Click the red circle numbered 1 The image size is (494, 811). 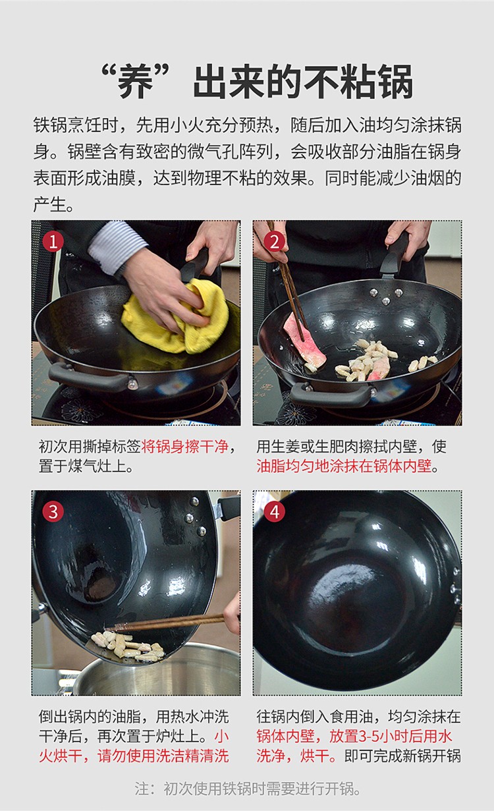53,242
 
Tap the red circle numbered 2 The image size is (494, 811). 275,242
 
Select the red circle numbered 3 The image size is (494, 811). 53,512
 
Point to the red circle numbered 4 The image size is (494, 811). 275,512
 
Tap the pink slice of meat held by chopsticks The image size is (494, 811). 304,341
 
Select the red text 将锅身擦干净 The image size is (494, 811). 184,447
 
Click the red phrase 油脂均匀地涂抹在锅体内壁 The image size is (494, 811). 344,466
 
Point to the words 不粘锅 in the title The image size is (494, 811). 358,81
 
